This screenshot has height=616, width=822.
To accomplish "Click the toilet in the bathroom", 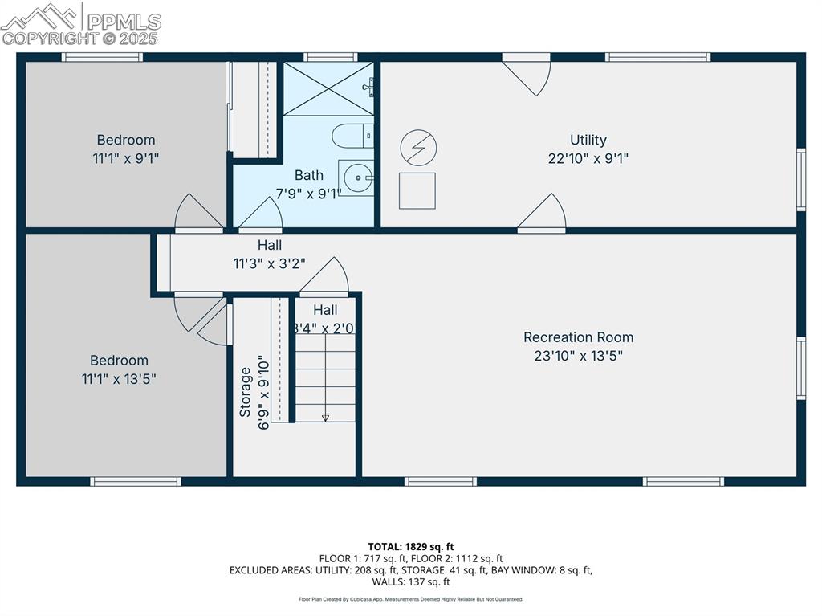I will (350, 137).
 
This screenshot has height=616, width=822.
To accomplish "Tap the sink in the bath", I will (354, 177).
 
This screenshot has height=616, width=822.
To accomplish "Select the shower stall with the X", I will (328, 88).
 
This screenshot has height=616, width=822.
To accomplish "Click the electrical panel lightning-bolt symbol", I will (418, 149).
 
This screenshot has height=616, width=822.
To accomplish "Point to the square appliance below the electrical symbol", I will (417, 190).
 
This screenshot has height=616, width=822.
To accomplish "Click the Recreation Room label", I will (578, 337).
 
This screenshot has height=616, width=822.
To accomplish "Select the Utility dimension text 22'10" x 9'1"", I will (588, 159).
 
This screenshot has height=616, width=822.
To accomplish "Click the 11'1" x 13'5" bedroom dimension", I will (119, 379).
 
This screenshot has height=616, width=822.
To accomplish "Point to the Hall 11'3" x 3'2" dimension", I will (269, 263).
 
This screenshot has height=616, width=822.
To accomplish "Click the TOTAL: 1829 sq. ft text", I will (410, 547).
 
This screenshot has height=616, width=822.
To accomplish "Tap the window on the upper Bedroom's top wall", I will (103, 57).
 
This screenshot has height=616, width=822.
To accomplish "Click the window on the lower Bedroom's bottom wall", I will (135, 482).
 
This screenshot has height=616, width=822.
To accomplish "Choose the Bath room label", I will (309, 175).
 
